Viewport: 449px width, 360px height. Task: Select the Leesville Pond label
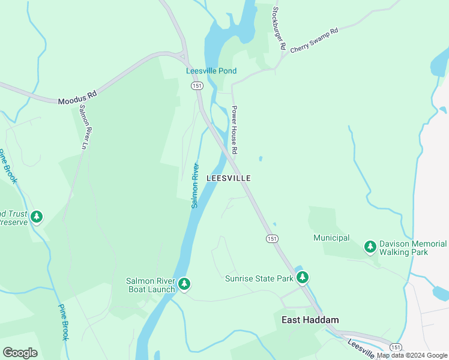(211, 71)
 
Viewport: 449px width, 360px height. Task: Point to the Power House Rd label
(235, 130)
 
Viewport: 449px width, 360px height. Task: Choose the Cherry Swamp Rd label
(314, 40)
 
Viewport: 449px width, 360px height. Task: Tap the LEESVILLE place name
(228, 178)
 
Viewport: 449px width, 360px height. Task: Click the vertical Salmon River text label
(195, 185)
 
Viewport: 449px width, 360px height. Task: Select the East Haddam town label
(310, 320)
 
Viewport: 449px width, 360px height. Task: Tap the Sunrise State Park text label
(259, 278)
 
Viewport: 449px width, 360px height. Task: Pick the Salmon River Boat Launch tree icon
(184, 283)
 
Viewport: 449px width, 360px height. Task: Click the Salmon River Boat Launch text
(150, 285)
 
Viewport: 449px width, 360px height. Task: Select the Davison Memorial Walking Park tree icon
(370, 246)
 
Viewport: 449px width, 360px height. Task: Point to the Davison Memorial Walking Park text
(415, 248)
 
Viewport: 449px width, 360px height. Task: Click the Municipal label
(331, 238)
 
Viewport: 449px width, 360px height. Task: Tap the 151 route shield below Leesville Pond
(196, 86)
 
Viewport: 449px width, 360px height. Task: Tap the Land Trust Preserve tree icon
(37, 216)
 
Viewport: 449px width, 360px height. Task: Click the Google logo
(20, 353)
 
